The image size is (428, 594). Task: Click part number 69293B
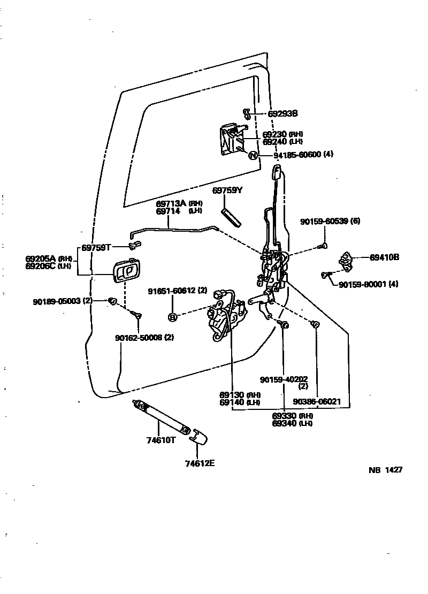tap(282, 113)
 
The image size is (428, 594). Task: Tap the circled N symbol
tap(254, 155)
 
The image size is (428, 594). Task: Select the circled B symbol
tap(172, 317)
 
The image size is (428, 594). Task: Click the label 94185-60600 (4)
tap(303, 155)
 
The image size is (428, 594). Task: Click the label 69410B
tap(384, 257)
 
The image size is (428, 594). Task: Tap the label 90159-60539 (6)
tap(331, 221)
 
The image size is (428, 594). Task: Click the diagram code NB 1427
tap(385, 470)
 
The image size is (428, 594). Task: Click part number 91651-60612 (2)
tap(178, 291)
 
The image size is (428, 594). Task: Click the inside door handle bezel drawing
tap(126, 270)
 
